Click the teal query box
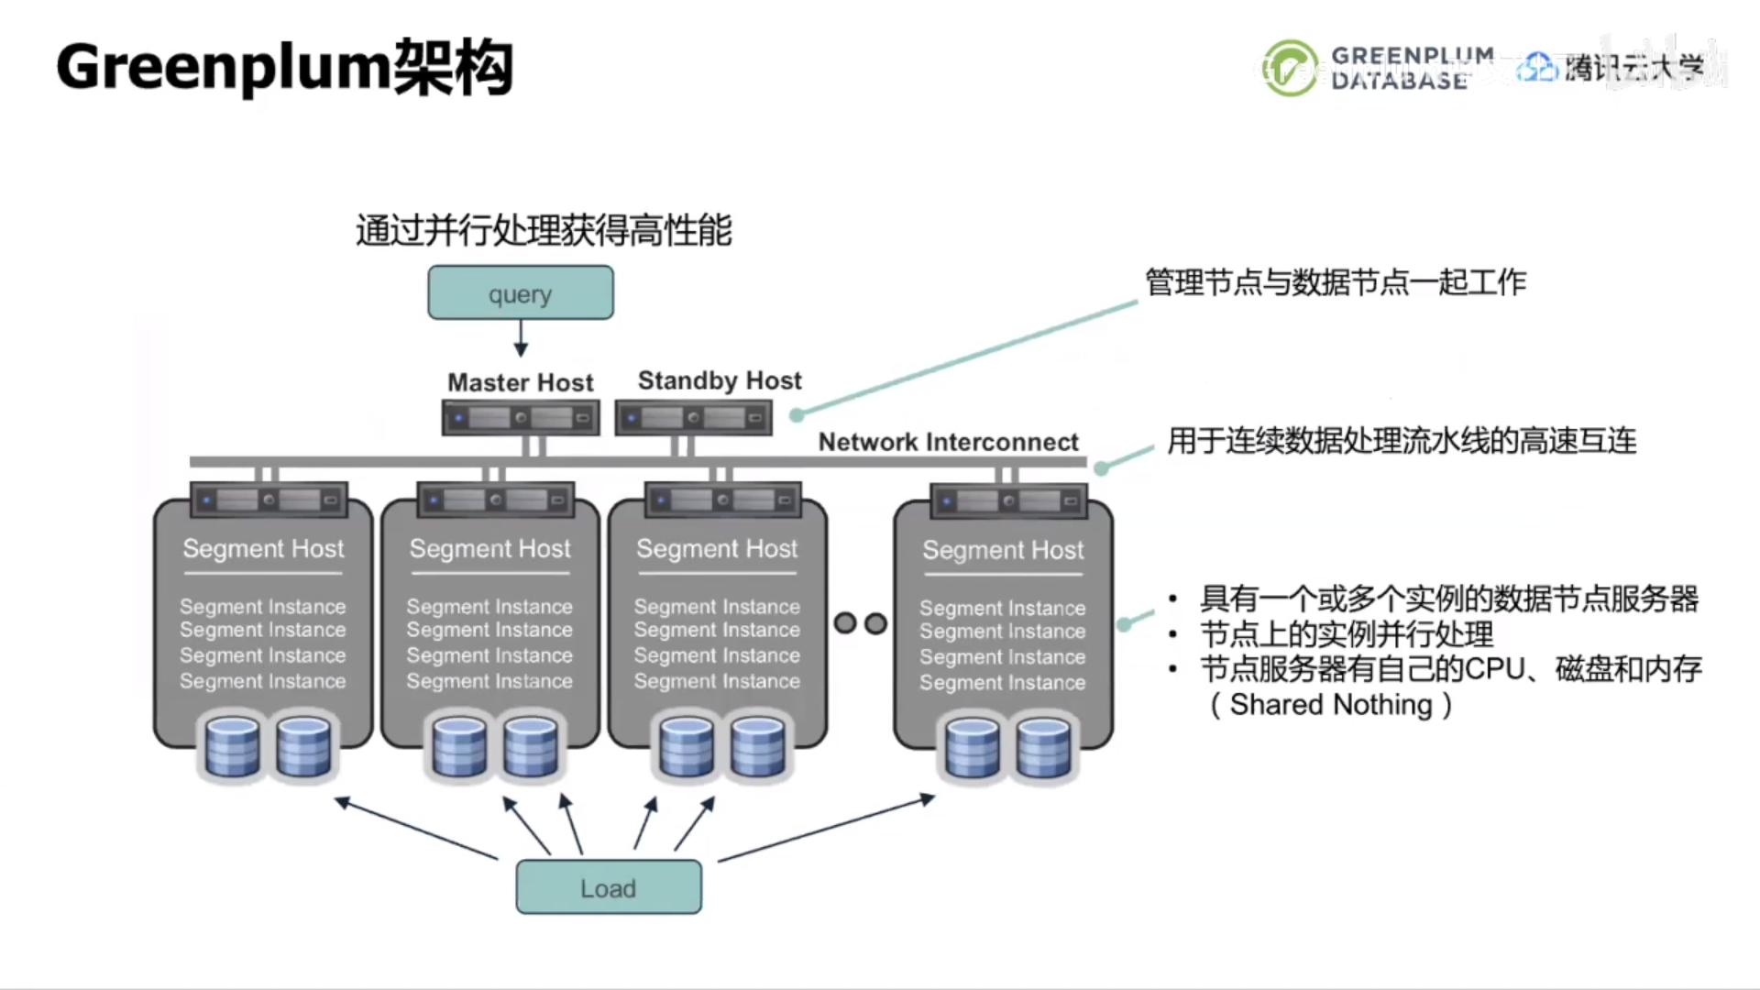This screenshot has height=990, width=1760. point(520,293)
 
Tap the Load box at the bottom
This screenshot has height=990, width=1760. point(609,887)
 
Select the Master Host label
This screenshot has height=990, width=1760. point(520,382)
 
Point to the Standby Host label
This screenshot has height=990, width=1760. point(720,380)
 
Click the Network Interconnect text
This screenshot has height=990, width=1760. point(948,442)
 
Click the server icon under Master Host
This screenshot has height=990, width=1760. point(520,418)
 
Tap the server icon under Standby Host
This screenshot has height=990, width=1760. point(693,418)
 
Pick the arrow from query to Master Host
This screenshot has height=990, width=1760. point(521,338)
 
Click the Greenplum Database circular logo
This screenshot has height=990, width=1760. point(1290,68)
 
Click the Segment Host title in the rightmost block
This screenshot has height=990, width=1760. point(1003,550)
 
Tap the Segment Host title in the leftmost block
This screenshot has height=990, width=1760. point(263,548)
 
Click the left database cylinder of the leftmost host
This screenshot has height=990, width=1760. point(232,747)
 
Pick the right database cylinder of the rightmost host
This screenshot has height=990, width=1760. point(1043,748)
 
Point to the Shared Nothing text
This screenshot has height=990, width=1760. point(1331,705)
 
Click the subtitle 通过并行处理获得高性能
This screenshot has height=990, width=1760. point(544,230)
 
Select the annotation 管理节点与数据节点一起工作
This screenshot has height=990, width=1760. point(1335,282)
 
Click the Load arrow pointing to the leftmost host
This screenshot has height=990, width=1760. point(417,830)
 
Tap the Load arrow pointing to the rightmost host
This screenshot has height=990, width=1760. point(825,830)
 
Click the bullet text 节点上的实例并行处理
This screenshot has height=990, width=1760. point(1346,634)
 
